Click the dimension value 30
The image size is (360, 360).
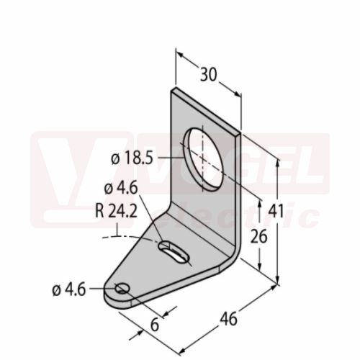(208, 74)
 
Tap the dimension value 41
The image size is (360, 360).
(276, 211)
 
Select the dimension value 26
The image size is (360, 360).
(258, 236)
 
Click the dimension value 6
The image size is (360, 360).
(155, 325)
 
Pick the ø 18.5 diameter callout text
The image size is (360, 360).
(132, 158)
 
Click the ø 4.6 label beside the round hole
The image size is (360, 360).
(69, 290)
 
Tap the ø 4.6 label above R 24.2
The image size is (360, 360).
(121, 188)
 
